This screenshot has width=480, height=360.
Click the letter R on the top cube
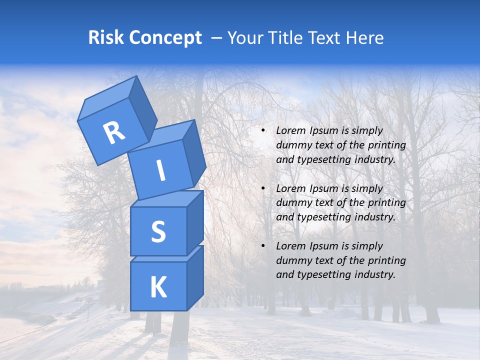point(114,132)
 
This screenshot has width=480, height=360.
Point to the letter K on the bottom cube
point(158,287)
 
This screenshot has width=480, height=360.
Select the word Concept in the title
point(165,38)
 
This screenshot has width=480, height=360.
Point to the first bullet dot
point(262,130)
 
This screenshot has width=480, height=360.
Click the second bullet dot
point(262,188)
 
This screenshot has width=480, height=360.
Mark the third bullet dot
point(262,246)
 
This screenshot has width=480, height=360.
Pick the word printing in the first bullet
point(386,145)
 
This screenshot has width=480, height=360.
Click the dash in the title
point(217,38)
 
